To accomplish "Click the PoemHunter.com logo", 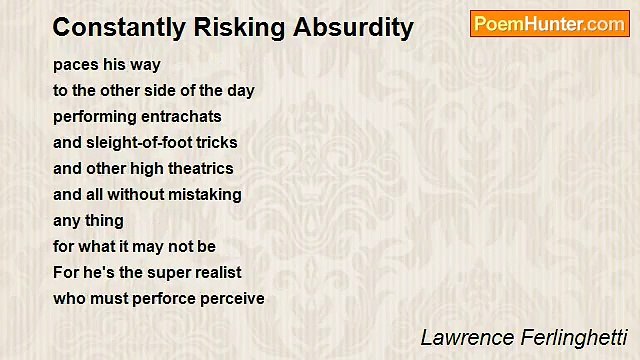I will coord(549,24).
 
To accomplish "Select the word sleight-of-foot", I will coord(140,142).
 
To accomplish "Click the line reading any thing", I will coord(89,220).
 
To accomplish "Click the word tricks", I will coord(216,142).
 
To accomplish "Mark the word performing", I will coord(95,116).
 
